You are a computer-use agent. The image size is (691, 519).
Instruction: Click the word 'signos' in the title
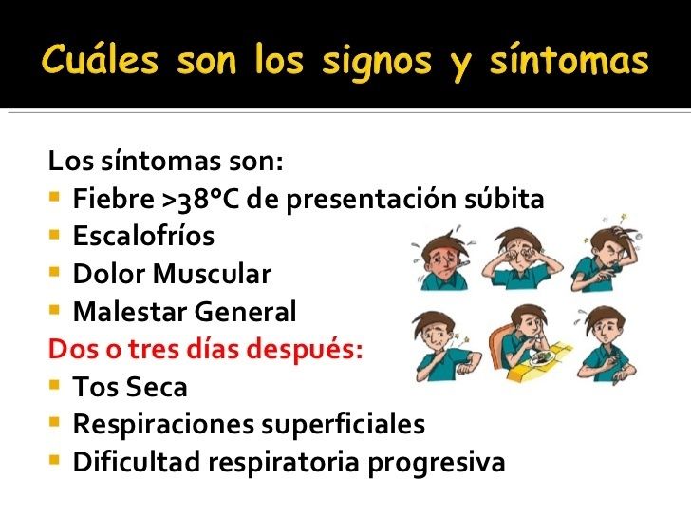tap(377, 63)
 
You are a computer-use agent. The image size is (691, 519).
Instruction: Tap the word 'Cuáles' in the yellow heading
tap(100, 59)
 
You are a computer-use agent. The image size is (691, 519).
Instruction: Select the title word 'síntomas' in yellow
tap(570, 60)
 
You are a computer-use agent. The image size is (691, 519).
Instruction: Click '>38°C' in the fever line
tap(200, 199)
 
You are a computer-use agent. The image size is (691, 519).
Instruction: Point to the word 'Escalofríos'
tap(143, 236)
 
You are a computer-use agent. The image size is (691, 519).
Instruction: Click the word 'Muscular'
tap(212, 274)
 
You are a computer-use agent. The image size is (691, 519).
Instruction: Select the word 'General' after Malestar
tap(246, 312)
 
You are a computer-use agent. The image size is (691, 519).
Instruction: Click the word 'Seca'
tap(158, 387)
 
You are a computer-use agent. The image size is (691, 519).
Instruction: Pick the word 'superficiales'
tap(344, 425)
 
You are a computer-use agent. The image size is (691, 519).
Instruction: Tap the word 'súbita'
tap(504, 199)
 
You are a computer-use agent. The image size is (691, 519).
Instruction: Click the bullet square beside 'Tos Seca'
tap(54, 386)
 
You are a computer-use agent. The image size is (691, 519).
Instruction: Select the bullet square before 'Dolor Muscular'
tap(54, 272)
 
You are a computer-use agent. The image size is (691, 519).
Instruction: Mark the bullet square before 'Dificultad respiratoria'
tap(54, 461)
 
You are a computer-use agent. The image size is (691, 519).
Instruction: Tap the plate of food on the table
tap(540, 359)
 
